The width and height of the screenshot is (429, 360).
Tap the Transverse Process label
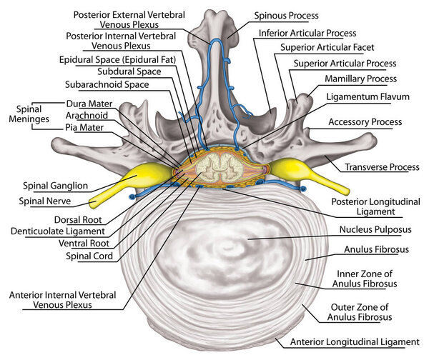tap(382, 167)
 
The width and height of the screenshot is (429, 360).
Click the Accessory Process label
tap(363, 122)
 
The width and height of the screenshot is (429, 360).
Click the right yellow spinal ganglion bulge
tap(292, 171)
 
